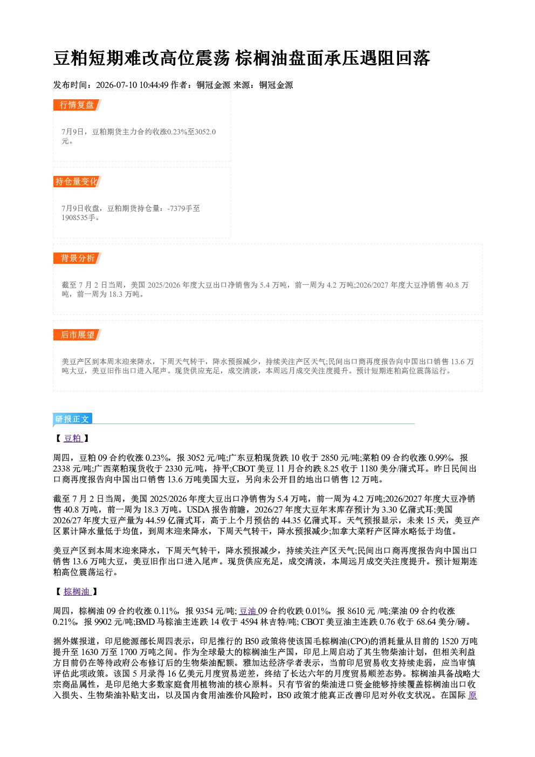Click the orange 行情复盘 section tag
click(x=77, y=105)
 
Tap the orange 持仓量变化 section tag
click(x=77, y=181)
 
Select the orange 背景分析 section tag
click(x=77, y=258)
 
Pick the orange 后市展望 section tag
click(x=77, y=335)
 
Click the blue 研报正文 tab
click(x=72, y=419)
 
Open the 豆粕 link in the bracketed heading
click(x=73, y=438)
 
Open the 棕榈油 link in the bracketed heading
click(x=77, y=591)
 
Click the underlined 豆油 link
click(x=248, y=611)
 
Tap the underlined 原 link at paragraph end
click(x=472, y=695)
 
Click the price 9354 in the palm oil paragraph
click(x=205, y=611)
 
